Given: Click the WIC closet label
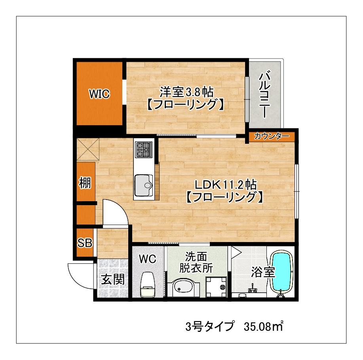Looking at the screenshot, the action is click(x=99, y=94).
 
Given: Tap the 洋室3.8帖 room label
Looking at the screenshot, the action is click(x=186, y=92).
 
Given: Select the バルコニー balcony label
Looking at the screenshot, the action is click(x=264, y=95).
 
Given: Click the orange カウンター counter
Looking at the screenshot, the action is click(x=272, y=137).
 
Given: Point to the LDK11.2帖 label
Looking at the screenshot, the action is click(x=226, y=185).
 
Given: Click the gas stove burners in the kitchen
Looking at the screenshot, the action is click(x=144, y=150).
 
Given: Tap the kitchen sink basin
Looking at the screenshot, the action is click(x=144, y=185).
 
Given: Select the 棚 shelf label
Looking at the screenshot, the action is click(x=85, y=183).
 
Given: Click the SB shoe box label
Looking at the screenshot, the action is click(x=85, y=243).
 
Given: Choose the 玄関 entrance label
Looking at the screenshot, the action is click(x=113, y=279).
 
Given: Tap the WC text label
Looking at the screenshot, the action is click(x=148, y=259).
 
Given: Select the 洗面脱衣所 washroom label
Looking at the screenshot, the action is click(x=196, y=263).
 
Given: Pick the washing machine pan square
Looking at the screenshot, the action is click(x=216, y=287).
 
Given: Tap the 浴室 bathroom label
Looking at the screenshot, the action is click(x=263, y=272).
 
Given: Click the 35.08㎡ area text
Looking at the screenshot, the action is click(x=264, y=327).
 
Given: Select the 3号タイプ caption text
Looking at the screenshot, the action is click(x=210, y=326).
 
